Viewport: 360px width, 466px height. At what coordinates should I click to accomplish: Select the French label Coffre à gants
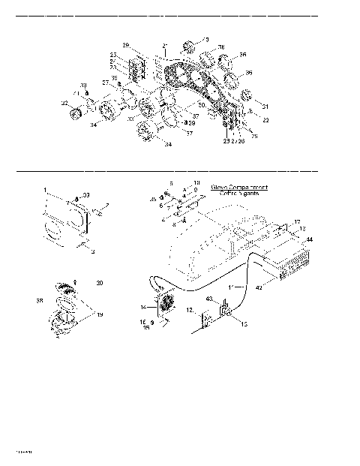pos(240,194)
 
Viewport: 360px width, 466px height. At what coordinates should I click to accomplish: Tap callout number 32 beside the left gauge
pos(64,103)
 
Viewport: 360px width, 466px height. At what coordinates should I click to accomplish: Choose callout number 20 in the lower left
pos(100,283)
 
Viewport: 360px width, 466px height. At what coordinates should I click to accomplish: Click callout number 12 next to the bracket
pos(190,310)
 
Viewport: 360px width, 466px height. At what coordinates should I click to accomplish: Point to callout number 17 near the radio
pos(297,221)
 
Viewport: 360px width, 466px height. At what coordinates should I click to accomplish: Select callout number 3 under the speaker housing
pos(92,253)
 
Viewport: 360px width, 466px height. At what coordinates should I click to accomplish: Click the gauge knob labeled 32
pos(75,113)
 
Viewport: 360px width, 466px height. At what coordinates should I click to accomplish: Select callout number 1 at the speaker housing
pos(45,190)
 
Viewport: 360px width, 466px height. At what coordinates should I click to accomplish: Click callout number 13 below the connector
pos(242,325)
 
